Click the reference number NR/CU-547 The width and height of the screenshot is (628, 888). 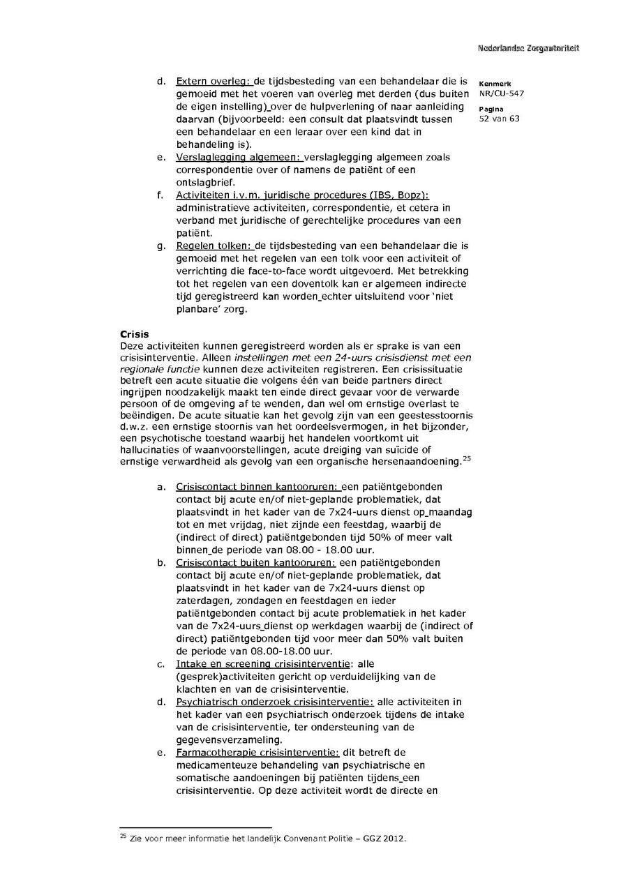(502, 93)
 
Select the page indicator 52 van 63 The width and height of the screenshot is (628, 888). (500, 119)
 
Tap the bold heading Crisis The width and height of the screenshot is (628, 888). (135, 335)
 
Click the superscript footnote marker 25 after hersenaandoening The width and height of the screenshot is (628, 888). (467, 458)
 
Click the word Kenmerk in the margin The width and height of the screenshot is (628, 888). (495, 84)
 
